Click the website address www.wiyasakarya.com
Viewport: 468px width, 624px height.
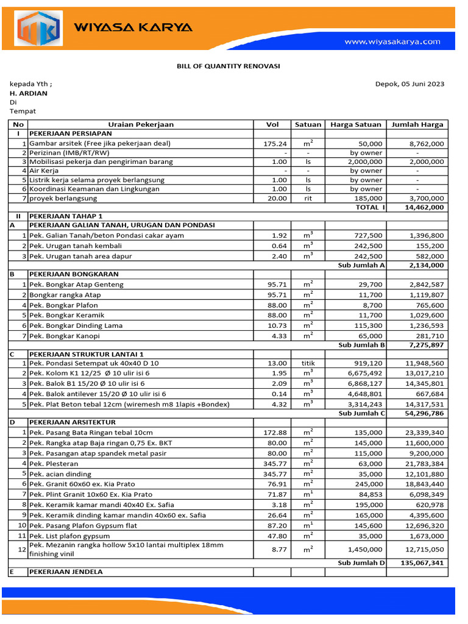392,42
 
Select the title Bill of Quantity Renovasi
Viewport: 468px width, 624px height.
229,66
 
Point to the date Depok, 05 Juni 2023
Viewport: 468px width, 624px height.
409,84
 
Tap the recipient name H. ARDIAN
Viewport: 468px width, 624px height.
28,93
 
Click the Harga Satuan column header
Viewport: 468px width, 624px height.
356,124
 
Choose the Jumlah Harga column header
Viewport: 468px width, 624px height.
417,124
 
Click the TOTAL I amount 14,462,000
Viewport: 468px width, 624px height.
424,207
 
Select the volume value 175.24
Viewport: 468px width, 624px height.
275,143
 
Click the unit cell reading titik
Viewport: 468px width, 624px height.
308,363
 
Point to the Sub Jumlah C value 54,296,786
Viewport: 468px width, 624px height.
423,413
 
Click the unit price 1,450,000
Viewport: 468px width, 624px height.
366,550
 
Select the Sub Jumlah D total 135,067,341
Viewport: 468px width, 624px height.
422,563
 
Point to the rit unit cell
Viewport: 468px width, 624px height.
308,198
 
